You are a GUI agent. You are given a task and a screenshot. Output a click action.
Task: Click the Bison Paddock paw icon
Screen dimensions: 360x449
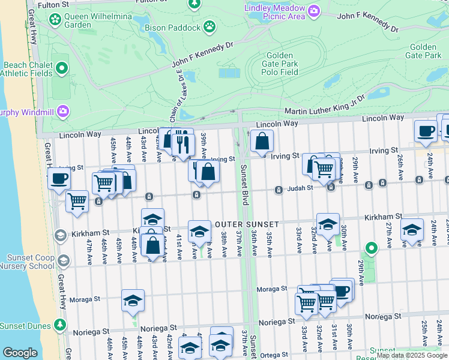[x=209, y=26]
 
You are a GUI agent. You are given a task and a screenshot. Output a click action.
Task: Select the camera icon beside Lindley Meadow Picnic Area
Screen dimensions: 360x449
[x=313, y=11]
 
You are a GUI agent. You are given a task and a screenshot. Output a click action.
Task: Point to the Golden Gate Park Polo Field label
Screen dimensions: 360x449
[x=280, y=64]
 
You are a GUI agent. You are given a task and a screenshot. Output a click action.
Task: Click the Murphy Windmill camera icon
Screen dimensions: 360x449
[x=63, y=112]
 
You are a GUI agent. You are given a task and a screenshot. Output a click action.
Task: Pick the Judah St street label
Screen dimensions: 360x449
[x=301, y=188]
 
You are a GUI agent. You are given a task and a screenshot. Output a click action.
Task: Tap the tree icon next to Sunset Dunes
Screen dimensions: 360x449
[x=59, y=325]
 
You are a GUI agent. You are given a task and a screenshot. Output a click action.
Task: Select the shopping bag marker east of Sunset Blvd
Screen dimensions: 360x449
[x=262, y=142]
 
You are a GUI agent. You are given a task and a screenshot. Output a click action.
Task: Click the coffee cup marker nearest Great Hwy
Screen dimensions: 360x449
[x=59, y=178]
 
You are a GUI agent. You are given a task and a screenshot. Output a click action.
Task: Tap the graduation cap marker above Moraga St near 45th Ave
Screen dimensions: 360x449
[x=133, y=300]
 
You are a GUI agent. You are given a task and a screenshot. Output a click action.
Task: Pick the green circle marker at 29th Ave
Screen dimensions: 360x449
[x=372, y=247]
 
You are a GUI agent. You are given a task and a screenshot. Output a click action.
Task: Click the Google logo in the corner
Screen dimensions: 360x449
[x=20, y=352]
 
